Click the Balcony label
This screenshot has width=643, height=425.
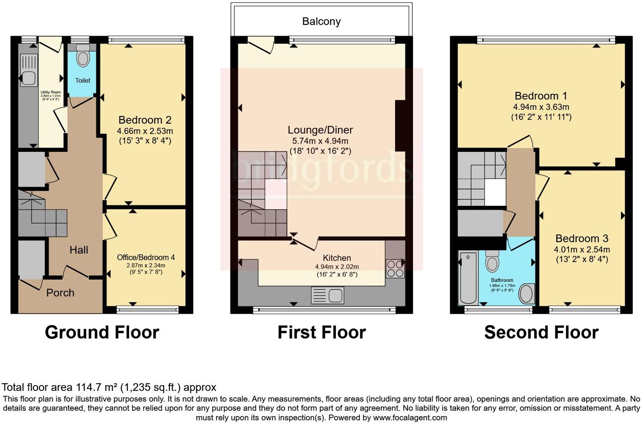pos(321,22)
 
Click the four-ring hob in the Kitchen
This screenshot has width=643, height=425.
pos(395,268)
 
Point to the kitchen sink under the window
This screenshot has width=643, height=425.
pos(327,295)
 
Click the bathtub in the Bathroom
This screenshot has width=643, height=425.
pos(468,277)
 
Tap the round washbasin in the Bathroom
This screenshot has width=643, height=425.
pos(527,293)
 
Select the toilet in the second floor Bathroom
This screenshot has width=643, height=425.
pos(492,261)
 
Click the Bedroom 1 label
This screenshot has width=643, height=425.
pos(541,96)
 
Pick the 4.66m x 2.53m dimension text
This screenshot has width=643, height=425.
pos(145,131)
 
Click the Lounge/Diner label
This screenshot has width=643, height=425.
pos(320,130)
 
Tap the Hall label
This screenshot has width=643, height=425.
pos(79,250)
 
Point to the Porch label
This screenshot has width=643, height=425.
pos(60,293)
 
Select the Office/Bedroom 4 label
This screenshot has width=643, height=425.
pos(146,257)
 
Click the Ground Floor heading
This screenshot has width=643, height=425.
pos(102,332)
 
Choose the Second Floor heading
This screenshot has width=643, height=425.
pos(541,332)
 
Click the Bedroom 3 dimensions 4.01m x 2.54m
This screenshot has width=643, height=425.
pos(582,249)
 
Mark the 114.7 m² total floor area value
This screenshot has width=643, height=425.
pos(97,387)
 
